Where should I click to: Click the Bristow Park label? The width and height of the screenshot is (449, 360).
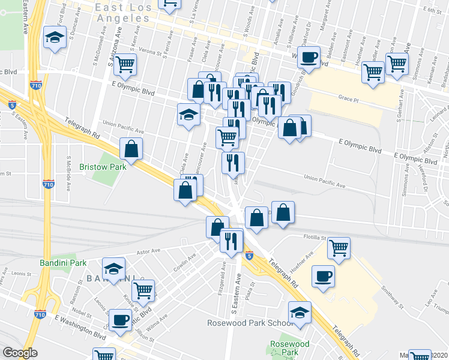(104, 166)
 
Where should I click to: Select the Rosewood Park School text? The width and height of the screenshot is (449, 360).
(250, 323)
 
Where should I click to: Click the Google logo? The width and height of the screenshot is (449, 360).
(20, 352)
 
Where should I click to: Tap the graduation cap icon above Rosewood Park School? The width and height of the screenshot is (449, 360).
(300, 311)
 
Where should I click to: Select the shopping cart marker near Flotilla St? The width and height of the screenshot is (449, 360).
(339, 247)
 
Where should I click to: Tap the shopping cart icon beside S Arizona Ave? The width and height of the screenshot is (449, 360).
(125, 63)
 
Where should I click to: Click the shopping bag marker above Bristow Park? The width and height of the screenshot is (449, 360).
(131, 148)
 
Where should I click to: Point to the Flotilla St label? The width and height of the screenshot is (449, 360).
(314, 238)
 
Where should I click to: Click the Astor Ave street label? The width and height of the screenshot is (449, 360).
(149, 252)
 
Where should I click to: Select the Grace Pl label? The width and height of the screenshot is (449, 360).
(348, 97)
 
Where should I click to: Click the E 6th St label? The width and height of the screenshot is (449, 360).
(432, 10)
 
